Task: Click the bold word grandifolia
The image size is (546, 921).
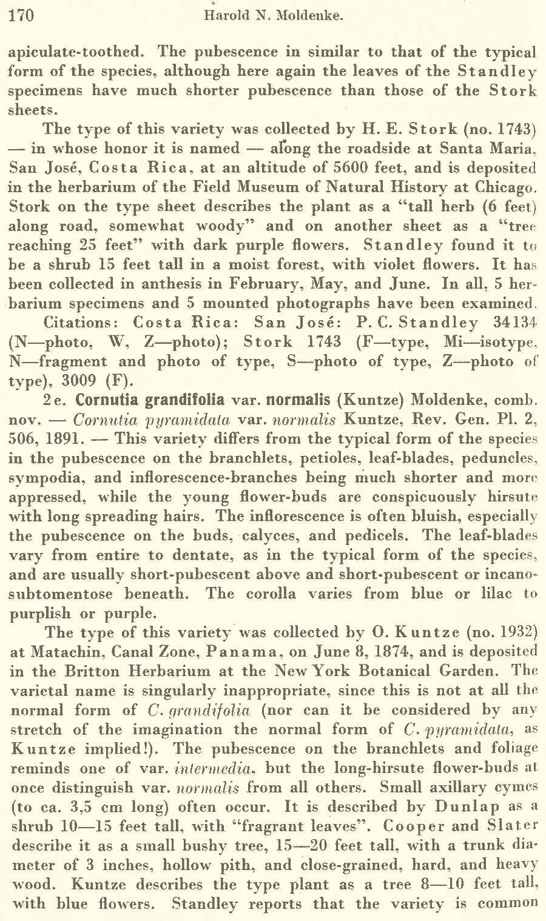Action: [183, 400]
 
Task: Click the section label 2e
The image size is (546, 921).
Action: [55, 401]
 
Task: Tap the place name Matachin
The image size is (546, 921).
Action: [50, 652]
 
